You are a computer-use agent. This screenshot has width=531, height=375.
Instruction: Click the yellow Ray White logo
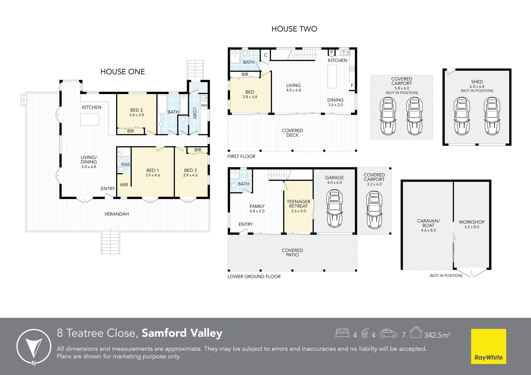[x=489, y=346]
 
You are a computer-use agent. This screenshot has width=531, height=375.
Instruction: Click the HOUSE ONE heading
[x=123, y=72]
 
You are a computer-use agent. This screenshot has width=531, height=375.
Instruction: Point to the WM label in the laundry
[x=204, y=106]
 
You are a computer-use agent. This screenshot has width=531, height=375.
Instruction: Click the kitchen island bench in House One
[x=89, y=119]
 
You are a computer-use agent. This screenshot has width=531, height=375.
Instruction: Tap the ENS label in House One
[x=126, y=165]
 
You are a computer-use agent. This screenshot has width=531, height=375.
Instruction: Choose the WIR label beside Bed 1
[x=124, y=185]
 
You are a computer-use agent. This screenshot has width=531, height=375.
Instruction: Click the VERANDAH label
[x=117, y=214]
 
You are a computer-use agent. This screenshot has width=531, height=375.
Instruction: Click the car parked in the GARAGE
[x=335, y=208]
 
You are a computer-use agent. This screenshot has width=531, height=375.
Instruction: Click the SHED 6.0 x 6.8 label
[x=477, y=84]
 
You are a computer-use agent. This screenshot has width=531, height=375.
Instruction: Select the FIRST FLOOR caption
[x=241, y=156]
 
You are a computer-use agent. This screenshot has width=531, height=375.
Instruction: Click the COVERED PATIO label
[x=292, y=252]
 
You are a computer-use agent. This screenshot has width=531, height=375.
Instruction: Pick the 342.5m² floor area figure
[x=437, y=335]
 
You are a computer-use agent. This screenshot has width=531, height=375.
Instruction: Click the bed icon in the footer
[x=342, y=333]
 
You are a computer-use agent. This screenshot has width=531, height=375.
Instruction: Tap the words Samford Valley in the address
[x=182, y=333]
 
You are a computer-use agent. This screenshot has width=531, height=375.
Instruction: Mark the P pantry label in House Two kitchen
[x=332, y=52]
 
